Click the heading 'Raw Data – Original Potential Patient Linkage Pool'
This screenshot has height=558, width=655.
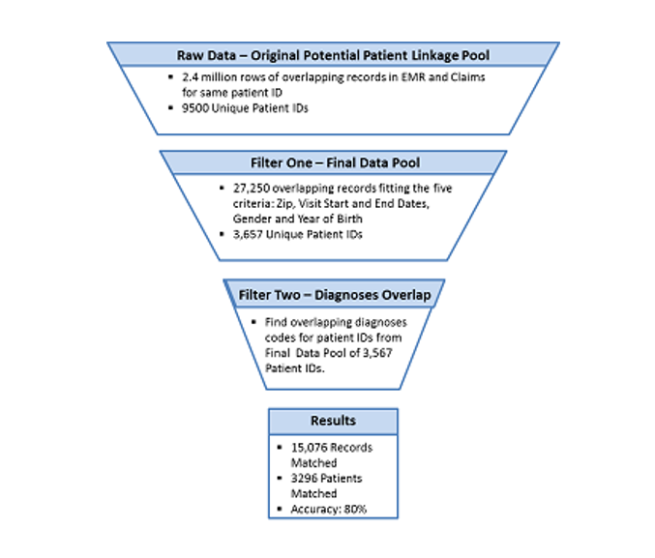[333, 55]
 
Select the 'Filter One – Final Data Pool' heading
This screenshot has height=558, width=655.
[335, 162]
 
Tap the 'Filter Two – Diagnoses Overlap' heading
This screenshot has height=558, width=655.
[335, 295]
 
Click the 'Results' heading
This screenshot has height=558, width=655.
[333, 420]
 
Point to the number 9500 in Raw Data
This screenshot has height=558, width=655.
[195, 108]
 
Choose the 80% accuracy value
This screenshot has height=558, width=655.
[355, 509]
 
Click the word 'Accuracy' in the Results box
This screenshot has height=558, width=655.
[315, 510]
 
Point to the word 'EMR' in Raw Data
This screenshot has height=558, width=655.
[413, 77]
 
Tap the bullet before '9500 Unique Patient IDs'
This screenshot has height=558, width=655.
[170, 108]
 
